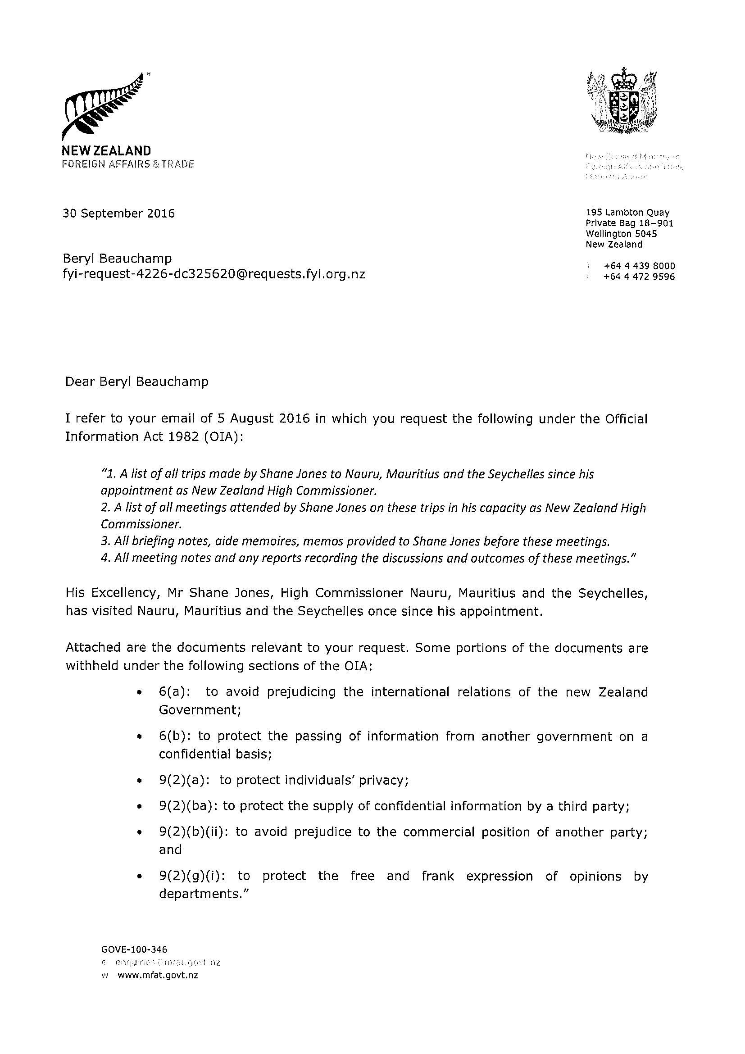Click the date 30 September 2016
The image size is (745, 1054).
(118, 214)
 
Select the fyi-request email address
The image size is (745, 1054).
(214, 274)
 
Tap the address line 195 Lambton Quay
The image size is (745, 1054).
(627, 212)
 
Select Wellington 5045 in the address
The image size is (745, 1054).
(621, 234)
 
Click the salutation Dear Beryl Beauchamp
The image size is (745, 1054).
(137, 382)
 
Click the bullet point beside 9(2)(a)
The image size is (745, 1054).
(138, 781)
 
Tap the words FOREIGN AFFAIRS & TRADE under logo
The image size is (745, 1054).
(128, 164)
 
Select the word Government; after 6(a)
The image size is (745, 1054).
(200, 710)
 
